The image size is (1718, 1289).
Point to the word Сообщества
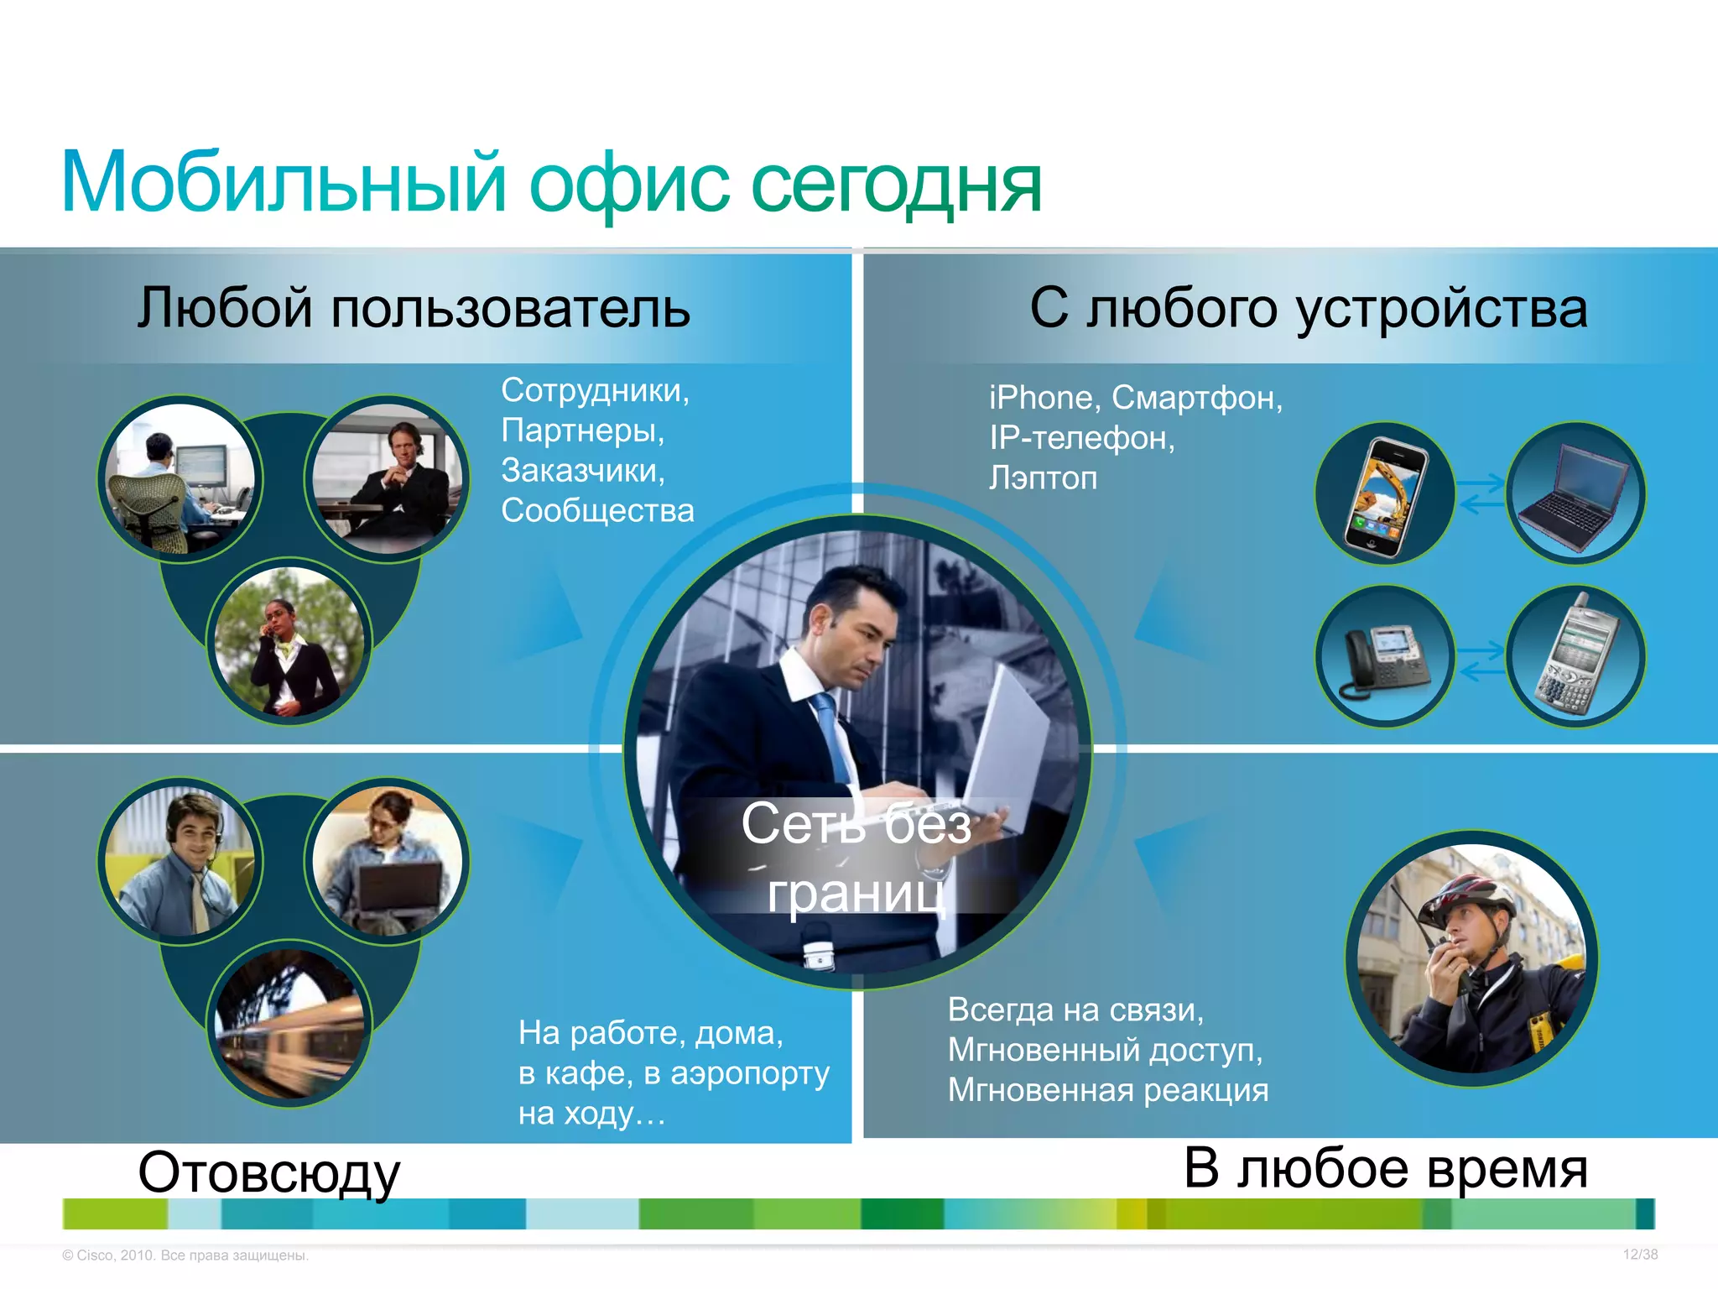597,511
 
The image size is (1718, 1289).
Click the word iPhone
1040,398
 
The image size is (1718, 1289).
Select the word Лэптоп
1043,478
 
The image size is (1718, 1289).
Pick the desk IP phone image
1384,657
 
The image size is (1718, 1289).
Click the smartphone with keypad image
1575,657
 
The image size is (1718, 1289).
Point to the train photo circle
289,1024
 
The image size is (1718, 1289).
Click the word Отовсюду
268,1173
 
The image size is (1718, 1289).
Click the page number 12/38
1640,1255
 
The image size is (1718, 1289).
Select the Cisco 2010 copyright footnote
185,1255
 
